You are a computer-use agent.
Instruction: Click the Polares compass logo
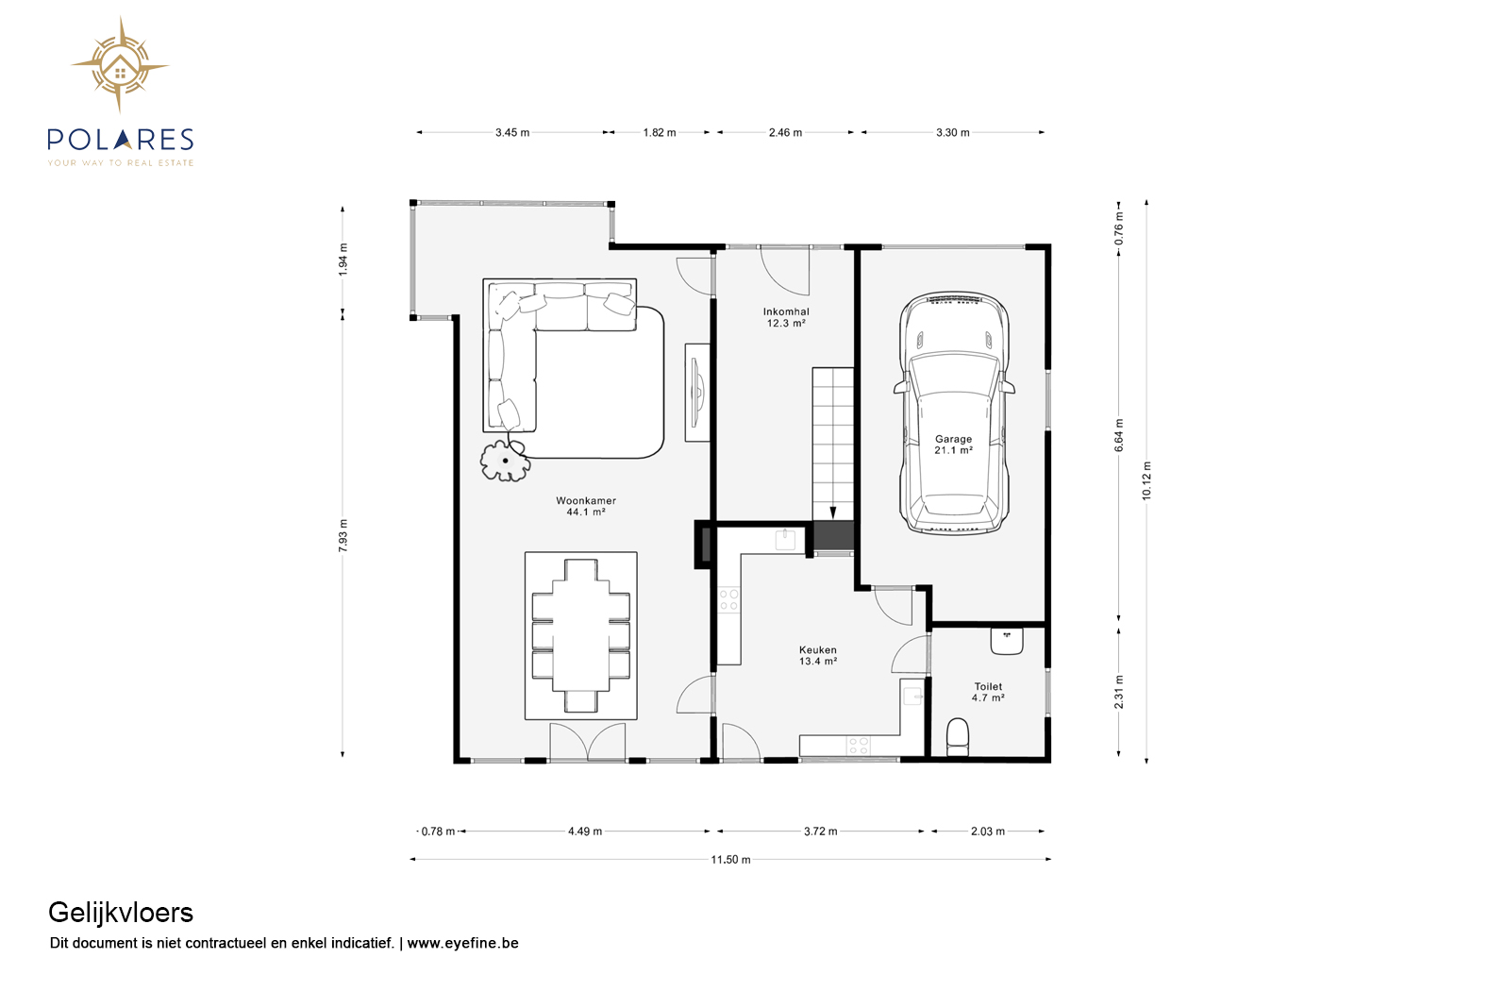(120, 65)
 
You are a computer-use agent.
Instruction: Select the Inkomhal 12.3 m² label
(786, 317)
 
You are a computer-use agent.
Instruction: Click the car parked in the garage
(954, 412)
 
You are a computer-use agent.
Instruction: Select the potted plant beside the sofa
(505, 461)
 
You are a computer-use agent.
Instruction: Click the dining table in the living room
(580, 635)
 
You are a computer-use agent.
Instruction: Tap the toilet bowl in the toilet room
(957, 737)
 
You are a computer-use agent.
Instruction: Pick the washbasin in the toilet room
(1007, 641)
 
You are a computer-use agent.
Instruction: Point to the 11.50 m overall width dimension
(730, 859)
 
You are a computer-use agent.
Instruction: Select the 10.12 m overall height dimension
(1146, 480)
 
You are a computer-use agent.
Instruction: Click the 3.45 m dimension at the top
(511, 132)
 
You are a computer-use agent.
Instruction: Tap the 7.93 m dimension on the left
(343, 535)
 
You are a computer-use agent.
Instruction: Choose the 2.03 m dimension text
(988, 831)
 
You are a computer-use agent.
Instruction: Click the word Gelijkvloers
(121, 913)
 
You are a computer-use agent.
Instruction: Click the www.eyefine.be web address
(462, 943)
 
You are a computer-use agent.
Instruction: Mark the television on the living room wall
(697, 393)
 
